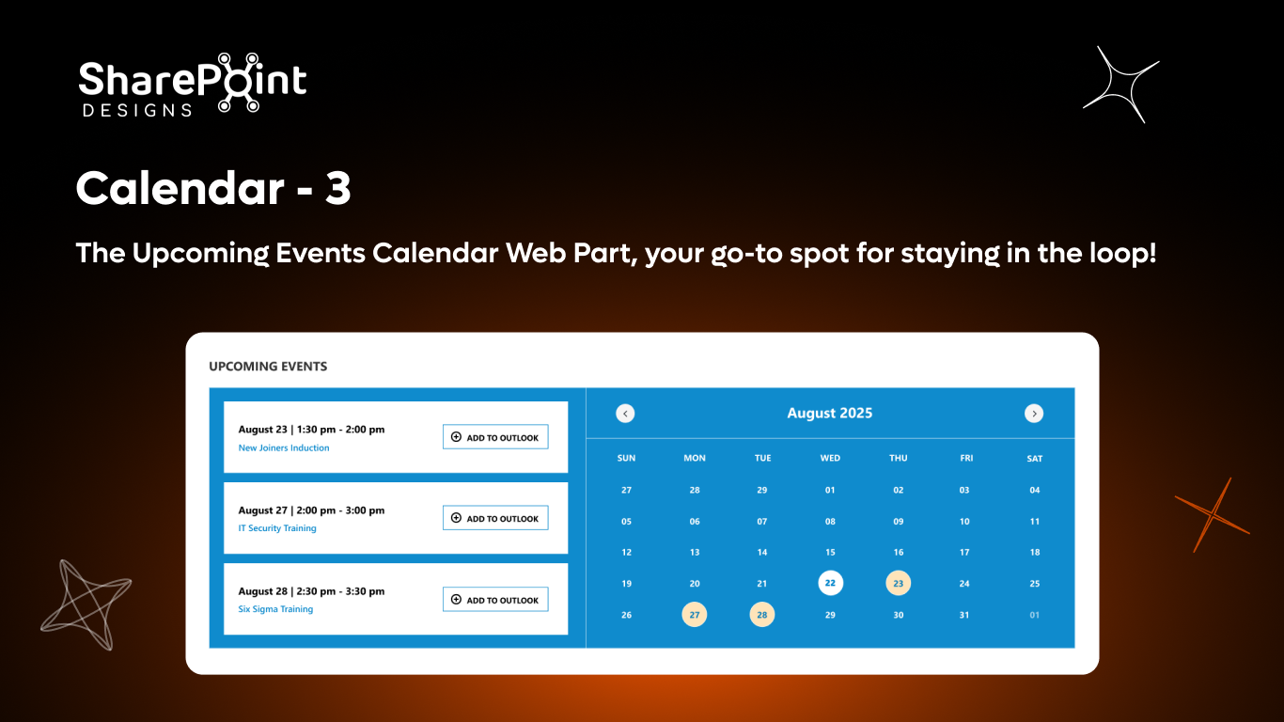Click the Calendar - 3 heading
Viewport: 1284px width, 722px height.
click(x=213, y=188)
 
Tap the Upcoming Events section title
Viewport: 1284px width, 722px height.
click(x=268, y=367)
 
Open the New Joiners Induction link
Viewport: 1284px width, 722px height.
click(x=284, y=448)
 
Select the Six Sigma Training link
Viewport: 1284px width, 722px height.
click(x=275, y=609)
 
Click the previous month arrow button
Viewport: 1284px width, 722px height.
click(x=625, y=414)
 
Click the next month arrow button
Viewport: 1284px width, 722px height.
click(x=1034, y=414)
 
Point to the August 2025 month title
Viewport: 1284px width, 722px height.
click(x=829, y=414)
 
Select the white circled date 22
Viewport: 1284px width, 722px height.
click(x=830, y=584)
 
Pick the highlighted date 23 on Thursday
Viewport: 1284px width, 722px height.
click(x=899, y=584)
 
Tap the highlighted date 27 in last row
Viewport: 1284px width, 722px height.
click(x=695, y=615)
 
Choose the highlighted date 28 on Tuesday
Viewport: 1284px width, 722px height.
click(x=762, y=615)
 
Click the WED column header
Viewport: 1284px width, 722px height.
click(x=830, y=459)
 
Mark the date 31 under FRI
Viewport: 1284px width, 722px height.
click(x=964, y=615)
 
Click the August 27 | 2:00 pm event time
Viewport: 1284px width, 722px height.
click(x=311, y=510)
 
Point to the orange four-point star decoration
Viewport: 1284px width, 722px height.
click(x=1212, y=515)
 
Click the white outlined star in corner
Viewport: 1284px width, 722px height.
click(x=1121, y=85)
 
